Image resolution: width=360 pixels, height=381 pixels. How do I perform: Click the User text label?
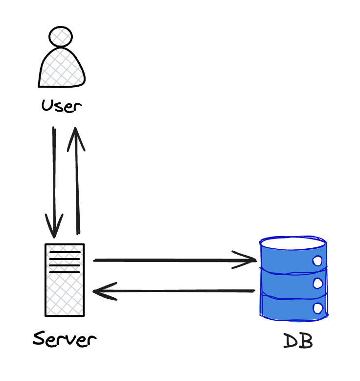click(61, 106)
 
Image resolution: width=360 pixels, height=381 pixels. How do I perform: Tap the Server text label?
click(64, 338)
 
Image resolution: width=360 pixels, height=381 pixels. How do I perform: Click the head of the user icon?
click(61, 36)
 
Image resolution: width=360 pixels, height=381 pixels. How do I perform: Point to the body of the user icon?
click(62, 68)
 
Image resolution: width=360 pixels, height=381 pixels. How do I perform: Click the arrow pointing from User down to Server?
click(54, 181)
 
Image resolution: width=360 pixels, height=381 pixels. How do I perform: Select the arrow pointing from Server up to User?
click(76, 181)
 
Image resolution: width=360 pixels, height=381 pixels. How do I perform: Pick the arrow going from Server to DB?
click(174, 260)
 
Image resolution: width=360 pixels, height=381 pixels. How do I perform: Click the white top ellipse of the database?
click(293, 242)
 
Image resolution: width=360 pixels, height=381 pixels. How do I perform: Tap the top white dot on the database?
click(317, 261)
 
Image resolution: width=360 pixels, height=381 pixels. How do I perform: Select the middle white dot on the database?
click(317, 283)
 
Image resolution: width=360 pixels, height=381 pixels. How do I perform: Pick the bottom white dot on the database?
click(317, 308)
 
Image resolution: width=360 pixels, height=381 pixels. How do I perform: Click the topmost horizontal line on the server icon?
click(65, 253)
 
